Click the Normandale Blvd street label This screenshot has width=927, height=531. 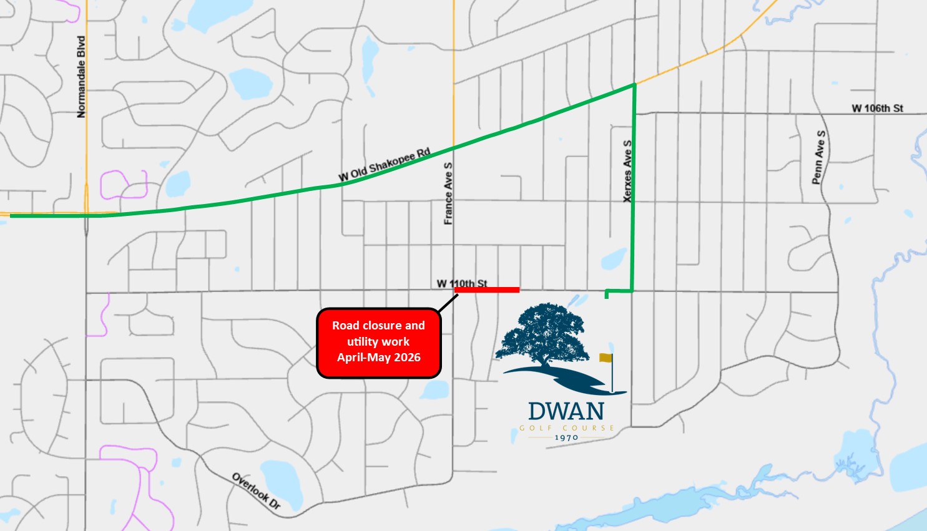click(81, 77)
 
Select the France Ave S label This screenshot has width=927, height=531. click(448, 193)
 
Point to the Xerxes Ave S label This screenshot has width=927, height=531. click(627, 170)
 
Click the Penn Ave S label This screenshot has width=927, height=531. click(818, 157)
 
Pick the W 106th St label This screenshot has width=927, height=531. click(877, 108)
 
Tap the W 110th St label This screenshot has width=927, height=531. click(462, 283)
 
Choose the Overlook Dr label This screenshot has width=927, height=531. click(257, 491)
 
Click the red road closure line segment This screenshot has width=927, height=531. click(488, 290)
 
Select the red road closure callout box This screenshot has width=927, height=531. click(378, 343)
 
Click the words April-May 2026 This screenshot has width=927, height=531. click(378, 358)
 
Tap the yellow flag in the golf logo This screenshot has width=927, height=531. click(606, 358)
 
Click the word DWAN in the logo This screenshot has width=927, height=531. click(566, 411)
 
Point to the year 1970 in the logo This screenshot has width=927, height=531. click(566, 437)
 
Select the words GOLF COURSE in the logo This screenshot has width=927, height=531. click(566, 428)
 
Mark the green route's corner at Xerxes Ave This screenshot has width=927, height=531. click(634, 85)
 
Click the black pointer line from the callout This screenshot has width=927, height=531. click(448, 303)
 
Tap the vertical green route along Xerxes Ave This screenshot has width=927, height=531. click(634, 187)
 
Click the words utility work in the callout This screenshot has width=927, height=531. click(378, 342)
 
